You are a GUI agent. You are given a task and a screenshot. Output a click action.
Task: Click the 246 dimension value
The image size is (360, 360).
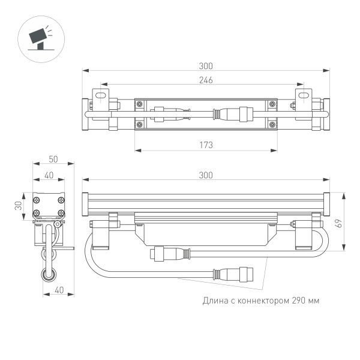pyautogui.click(x=205, y=80)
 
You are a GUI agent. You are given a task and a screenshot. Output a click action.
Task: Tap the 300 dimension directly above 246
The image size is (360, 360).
pyautogui.click(x=205, y=66)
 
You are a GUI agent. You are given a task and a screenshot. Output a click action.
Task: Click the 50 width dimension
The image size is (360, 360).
pyautogui.click(x=53, y=160)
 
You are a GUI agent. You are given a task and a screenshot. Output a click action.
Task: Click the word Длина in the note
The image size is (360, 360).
pyautogui.click(x=214, y=300)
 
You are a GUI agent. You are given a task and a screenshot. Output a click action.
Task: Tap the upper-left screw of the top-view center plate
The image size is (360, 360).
pyautogui.click(x=140, y=104)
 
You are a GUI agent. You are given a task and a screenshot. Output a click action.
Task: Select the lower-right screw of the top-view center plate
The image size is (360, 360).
pyautogui.click(x=274, y=125)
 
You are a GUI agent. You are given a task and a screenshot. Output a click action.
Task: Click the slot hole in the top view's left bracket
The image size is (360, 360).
pyautogui.click(x=101, y=95)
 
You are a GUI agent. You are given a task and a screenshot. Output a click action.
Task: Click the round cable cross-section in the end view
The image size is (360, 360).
pyautogui.click(x=47, y=275)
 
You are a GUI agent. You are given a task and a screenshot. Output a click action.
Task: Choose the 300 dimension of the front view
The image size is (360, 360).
pyautogui.click(x=205, y=175)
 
